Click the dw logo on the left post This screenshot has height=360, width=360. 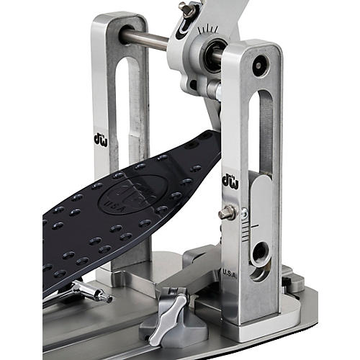(x=101, y=138)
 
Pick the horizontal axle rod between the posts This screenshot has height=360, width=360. (x=148, y=37)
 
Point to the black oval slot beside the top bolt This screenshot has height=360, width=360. (x=184, y=28)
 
